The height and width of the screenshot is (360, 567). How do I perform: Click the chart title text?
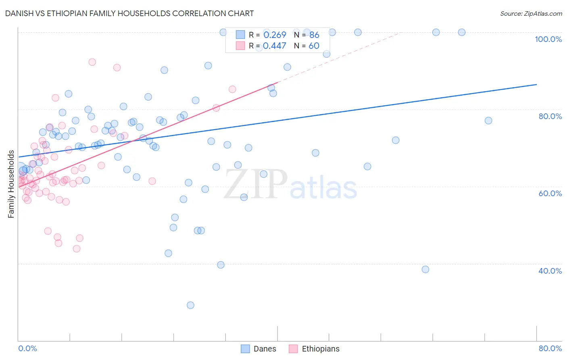(129, 13)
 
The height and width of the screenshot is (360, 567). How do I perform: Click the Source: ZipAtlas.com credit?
(531, 13)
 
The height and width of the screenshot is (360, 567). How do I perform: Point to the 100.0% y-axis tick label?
(548, 39)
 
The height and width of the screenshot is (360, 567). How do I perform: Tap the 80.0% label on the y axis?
(550, 116)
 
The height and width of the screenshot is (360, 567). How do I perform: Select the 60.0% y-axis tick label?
(550, 193)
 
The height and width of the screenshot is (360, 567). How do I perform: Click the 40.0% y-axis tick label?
(550, 271)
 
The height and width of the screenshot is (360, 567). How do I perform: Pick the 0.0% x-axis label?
(27, 348)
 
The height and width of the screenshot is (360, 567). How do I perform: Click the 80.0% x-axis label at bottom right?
(550, 348)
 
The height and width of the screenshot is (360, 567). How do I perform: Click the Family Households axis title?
(11, 184)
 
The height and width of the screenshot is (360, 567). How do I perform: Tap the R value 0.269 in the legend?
(275, 35)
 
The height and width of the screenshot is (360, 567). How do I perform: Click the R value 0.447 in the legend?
(275, 46)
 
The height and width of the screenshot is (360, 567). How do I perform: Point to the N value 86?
(314, 35)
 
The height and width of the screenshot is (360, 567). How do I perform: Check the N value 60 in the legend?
(314, 46)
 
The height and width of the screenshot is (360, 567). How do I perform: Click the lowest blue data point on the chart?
(190, 305)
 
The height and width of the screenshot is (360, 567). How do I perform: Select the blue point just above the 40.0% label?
(425, 269)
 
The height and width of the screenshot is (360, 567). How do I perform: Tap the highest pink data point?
(92, 62)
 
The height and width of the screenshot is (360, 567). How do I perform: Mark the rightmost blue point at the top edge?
(462, 32)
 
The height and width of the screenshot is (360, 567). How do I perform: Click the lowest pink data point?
(77, 249)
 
